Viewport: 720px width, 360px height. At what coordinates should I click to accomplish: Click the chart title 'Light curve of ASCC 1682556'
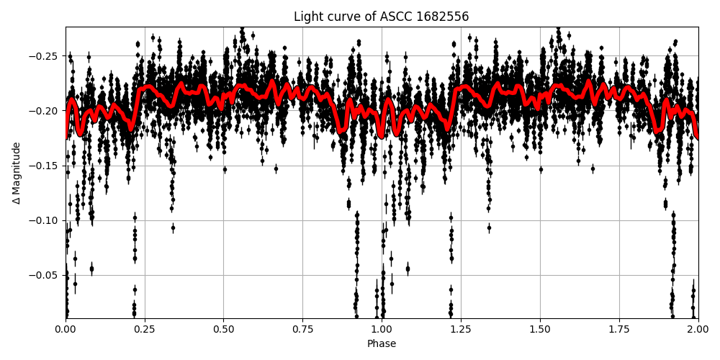click(382, 17)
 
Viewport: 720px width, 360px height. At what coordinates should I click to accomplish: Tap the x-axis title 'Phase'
click(382, 344)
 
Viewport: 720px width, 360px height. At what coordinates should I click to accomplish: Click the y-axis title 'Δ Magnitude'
click(17, 173)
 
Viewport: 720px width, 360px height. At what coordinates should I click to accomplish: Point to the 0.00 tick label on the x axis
click(66, 330)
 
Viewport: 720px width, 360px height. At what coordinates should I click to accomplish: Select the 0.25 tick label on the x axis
click(145, 330)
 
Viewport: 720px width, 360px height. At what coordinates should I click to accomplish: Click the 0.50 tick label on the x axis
click(223, 330)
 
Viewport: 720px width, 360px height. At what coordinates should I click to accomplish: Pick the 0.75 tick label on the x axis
click(302, 330)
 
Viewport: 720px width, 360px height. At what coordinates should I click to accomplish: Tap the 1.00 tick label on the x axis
click(382, 330)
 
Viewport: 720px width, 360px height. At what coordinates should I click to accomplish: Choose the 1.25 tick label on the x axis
click(461, 330)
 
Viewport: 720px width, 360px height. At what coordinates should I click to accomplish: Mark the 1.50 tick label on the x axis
click(540, 330)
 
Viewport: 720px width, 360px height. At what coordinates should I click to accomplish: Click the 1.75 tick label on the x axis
click(619, 330)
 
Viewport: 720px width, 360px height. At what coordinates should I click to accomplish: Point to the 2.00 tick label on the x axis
click(698, 330)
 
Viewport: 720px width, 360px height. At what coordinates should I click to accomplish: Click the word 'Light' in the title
click(307, 17)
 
